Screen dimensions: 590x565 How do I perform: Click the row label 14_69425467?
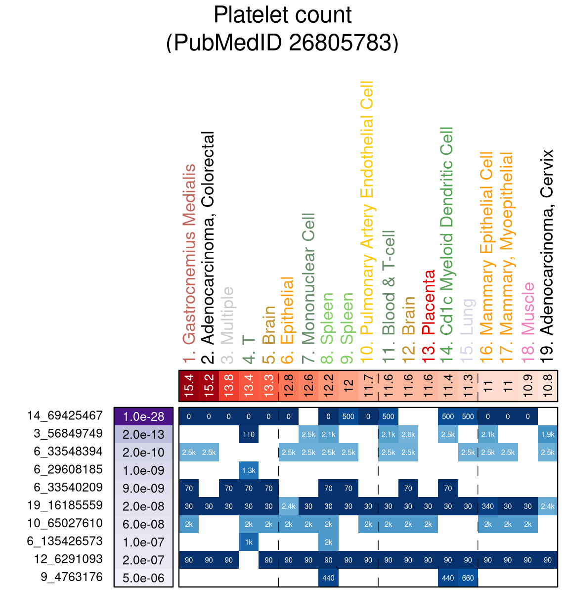pos(65,416)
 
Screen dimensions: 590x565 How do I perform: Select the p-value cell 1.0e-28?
pos(143,416)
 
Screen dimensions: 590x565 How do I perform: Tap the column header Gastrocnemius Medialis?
pos(189,255)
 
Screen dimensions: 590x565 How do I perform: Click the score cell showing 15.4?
pos(189,385)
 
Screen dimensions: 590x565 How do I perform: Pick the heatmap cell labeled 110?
pos(249,434)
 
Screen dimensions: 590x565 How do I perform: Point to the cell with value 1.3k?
pos(249,470)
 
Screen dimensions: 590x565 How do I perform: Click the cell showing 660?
pos(468,578)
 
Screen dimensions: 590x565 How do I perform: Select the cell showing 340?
pos(488,506)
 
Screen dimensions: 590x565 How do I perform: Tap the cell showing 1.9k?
pos(548,434)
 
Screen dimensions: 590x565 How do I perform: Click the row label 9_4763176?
pos(72,577)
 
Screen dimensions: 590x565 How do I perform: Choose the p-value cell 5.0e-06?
pos(143,578)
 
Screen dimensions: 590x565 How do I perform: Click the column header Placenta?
pos(429,307)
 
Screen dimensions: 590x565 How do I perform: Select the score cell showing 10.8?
pos(548,385)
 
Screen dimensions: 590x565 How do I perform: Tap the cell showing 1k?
pos(249,542)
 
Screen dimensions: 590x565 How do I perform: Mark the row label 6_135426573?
pos(65,542)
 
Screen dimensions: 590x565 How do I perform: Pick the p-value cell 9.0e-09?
pos(143,489)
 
